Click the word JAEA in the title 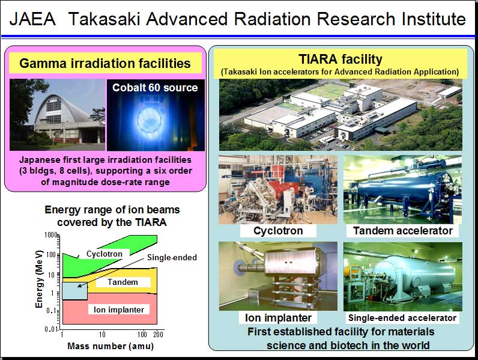pyautogui.click(x=32, y=19)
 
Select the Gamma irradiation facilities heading pyautogui.click(x=105, y=64)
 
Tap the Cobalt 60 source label pyautogui.click(x=155, y=88)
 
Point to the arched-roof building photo pyautogui.click(x=57, y=115)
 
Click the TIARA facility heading pyautogui.click(x=340, y=59)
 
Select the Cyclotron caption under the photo pyautogui.click(x=278, y=231)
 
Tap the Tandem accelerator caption pyautogui.click(x=403, y=231)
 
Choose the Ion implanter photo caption pyautogui.click(x=278, y=317)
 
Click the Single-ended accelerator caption pyautogui.click(x=402, y=318)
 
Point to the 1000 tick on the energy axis pyautogui.click(x=51, y=235)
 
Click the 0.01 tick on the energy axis pyautogui.click(x=51, y=329)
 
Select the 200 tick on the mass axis pyautogui.click(x=158, y=334)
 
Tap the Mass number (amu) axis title pyautogui.click(x=110, y=346)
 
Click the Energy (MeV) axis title pyautogui.click(x=38, y=279)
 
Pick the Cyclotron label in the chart pyautogui.click(x=104, y=254)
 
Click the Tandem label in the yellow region pyautogui.click(x=123, y=282)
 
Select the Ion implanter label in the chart pyautogui.click(x=119, y=310)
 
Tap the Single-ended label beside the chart pyautogui.click(x=172, y=257)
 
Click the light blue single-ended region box pyautogui.click(x=74, y=291)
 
